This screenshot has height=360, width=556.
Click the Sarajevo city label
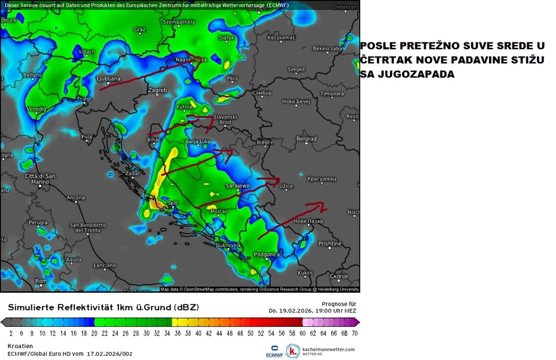pos(238,186)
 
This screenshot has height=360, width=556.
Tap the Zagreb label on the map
pos(157,90)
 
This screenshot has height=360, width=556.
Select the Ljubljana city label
pos(108,78)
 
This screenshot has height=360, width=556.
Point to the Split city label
pos(173,203)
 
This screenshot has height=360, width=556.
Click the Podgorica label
pos(266,254)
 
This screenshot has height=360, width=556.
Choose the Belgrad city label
pos(306,139)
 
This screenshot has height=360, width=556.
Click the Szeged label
pos(296,69)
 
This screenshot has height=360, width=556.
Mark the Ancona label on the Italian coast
pos(76,197)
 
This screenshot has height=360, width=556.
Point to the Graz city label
pos(140,29)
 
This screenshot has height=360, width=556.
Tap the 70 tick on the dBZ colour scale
pos(354,333)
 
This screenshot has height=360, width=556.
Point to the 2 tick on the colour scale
pos(11,333)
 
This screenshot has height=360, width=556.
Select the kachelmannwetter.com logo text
pos(328,349)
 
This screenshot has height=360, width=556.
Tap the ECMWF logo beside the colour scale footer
pos(274,351)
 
